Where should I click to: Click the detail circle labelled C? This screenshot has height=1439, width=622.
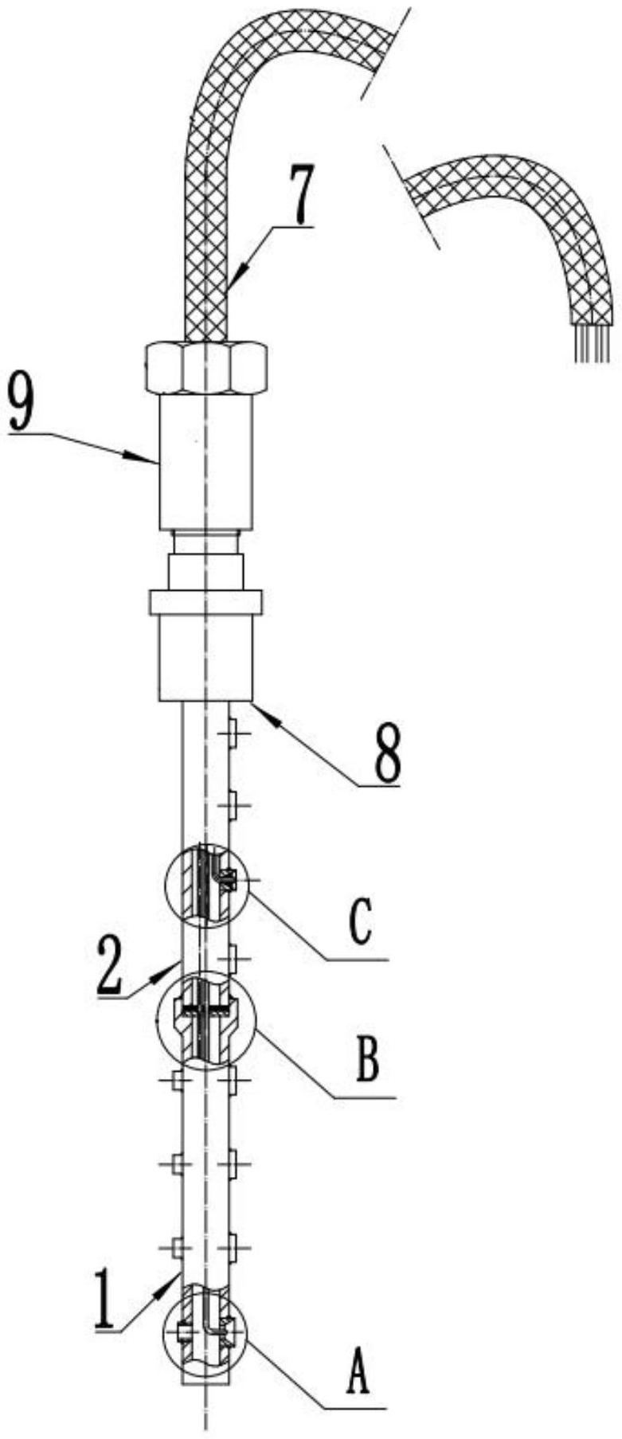point(205,885)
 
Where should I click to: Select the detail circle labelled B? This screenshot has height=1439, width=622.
point(206,1018)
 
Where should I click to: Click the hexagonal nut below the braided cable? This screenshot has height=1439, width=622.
point(205,367)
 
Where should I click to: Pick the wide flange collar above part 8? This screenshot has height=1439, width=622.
point(205,602)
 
